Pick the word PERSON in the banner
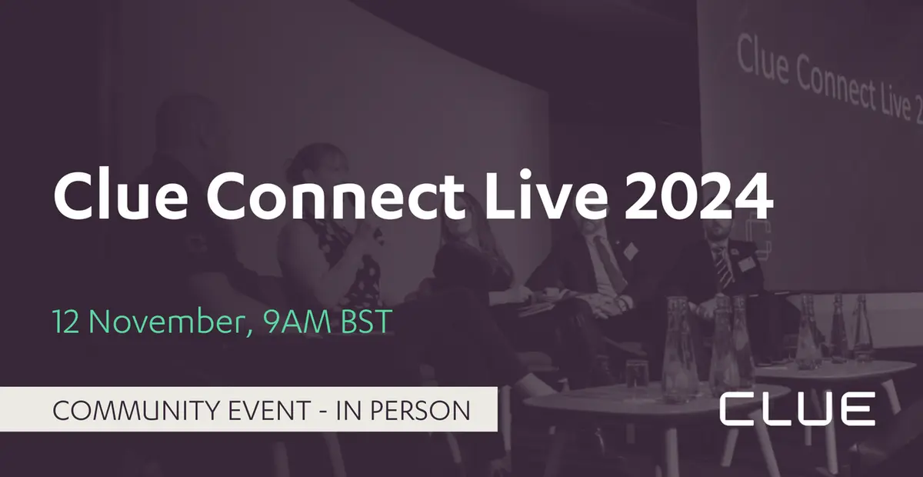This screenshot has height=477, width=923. [x=422, y=410]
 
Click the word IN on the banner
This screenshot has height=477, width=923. [x=347, y=410]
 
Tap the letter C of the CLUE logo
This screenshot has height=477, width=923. [x=736, y=408]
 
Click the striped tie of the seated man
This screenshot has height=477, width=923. [x=722, y=265]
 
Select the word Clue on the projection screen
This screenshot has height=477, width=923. [x=761, y=58]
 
